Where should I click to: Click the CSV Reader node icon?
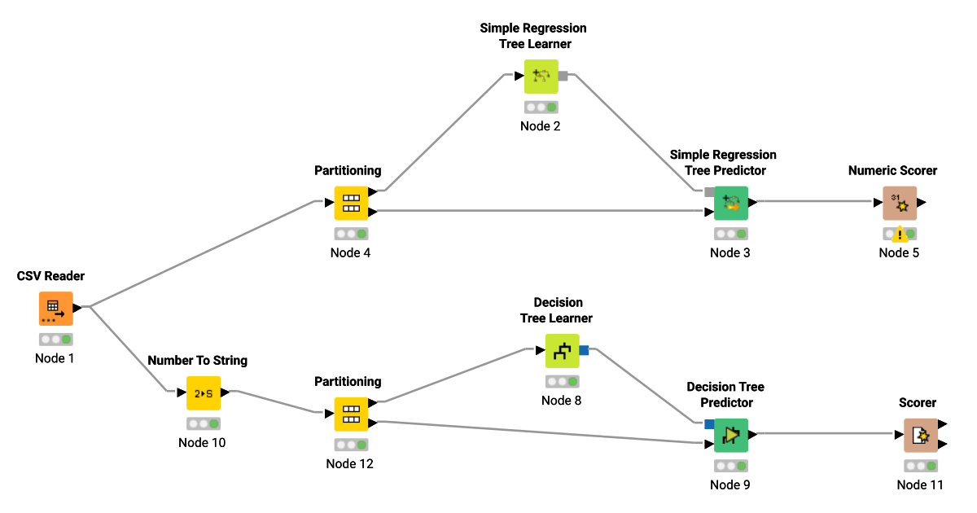tap(55, 309)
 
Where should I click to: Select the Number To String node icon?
tap(204, 393)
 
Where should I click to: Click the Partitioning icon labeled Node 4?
tap(351, 204)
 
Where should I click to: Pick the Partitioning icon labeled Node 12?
tap(351, 414)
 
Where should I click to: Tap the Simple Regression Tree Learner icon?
tap(541, 77)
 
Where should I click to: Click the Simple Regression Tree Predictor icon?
tap(731, 204)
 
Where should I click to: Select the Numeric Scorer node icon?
tap(900, 204)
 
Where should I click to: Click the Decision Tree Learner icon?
tap(562, 351)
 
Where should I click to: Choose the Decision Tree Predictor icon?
tap(731, 436)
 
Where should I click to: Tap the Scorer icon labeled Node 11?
tap(921, 436)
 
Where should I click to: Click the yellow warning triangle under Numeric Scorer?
tap(900, 235)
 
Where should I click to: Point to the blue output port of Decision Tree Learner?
tap(584, 350)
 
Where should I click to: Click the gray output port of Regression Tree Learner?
tap(563, 77)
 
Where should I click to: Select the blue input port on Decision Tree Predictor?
tap(709, 423)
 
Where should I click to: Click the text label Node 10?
tap(202, 443)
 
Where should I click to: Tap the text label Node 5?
tap(899, 252)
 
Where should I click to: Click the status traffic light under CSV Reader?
tap(55, 340)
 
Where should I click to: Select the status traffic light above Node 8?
tap(563, 381)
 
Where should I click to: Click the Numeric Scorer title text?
tap(892, 171)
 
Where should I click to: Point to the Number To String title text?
tap(198, 360)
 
